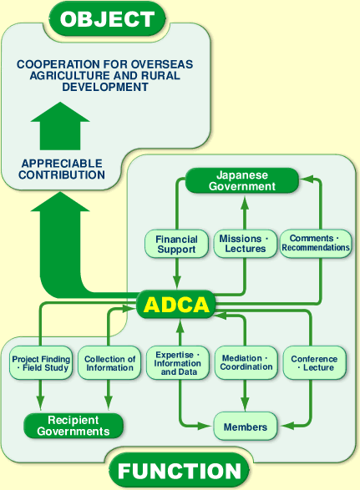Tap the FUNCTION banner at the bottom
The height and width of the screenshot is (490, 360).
179,471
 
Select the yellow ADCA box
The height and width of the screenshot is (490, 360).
176,305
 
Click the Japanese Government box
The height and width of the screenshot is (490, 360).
241,181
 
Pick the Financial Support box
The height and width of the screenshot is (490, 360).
176,244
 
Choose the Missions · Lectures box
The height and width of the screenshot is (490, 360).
243,244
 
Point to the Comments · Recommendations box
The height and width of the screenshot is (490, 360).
315,243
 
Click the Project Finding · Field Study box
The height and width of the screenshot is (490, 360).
40,363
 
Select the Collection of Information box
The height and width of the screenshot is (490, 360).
109,363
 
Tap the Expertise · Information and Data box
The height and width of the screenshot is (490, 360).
177,363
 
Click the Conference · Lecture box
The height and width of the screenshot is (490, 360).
314,363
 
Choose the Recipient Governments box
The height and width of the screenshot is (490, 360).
74,426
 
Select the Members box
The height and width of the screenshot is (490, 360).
246,427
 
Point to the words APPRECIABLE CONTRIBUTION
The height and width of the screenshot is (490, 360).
63,169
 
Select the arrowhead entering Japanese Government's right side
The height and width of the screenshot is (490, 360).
306,179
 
